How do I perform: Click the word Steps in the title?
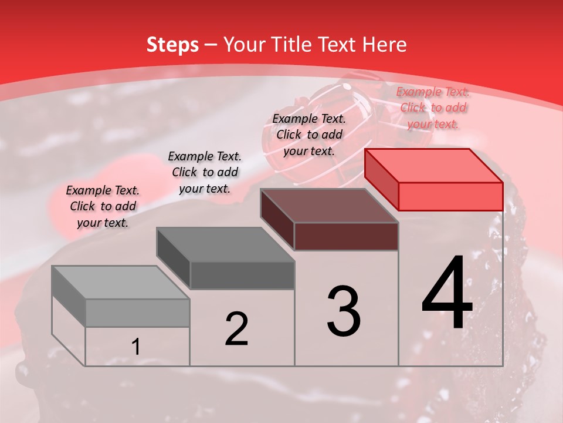172,45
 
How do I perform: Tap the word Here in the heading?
385,45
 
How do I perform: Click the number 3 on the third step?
343,311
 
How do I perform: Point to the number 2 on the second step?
236,329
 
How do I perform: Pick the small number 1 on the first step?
135,347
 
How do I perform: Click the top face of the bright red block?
434,165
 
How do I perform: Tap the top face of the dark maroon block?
330,206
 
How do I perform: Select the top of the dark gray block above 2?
225,244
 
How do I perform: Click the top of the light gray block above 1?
121,283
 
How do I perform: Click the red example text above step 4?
433,108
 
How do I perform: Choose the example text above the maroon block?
309,135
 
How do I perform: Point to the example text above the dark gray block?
205,172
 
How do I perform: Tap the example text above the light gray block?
103,206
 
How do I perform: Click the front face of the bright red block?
450,196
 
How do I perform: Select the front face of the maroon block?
346,237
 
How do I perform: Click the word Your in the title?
246,45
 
